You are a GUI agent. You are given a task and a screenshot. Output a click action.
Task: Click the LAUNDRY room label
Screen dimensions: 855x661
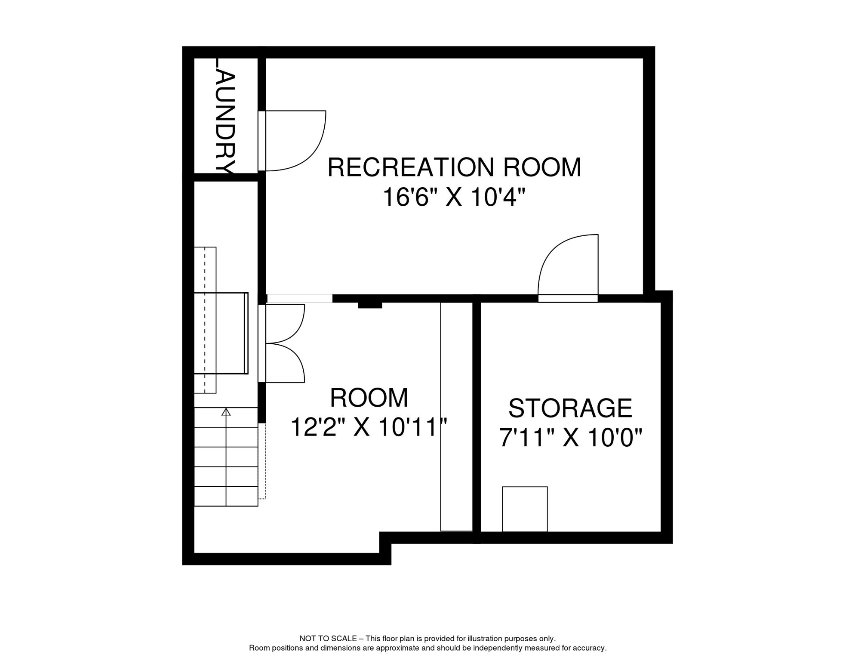225,116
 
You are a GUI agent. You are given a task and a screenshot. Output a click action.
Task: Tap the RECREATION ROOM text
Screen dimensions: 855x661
454,167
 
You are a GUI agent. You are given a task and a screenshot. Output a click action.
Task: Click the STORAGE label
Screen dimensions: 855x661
570,408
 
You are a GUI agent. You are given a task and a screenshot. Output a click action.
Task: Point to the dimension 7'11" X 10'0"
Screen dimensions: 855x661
570,438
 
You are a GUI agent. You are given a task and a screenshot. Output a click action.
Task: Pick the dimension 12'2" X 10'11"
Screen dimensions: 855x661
369,427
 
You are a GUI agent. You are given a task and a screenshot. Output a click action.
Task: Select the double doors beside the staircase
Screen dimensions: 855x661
284,343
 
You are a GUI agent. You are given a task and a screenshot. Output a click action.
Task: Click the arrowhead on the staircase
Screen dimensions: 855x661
226,412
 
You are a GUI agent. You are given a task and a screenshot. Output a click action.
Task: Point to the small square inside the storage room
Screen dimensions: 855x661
525,509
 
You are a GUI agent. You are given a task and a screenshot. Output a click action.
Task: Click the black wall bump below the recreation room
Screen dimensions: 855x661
370,305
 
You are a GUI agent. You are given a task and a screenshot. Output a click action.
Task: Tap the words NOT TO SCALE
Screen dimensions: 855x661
328,639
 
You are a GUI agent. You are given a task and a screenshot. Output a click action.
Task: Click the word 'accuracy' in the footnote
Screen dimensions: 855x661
590,648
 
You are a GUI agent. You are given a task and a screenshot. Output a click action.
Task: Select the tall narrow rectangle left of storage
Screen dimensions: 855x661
456,417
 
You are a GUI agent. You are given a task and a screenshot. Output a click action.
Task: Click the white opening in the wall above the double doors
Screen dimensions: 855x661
300,298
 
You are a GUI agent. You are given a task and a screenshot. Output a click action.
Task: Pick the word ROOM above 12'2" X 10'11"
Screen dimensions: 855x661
369,398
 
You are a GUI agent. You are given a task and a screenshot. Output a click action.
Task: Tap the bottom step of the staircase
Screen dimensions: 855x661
226,496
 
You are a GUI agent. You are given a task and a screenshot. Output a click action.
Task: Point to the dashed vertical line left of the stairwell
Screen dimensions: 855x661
205,320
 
